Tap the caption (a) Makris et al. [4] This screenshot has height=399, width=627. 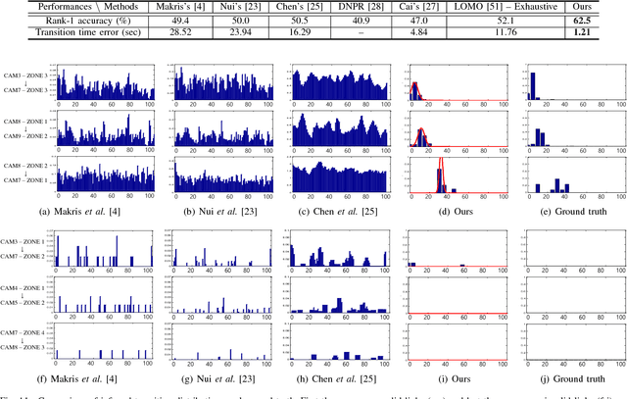click(x=102, y=209)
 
